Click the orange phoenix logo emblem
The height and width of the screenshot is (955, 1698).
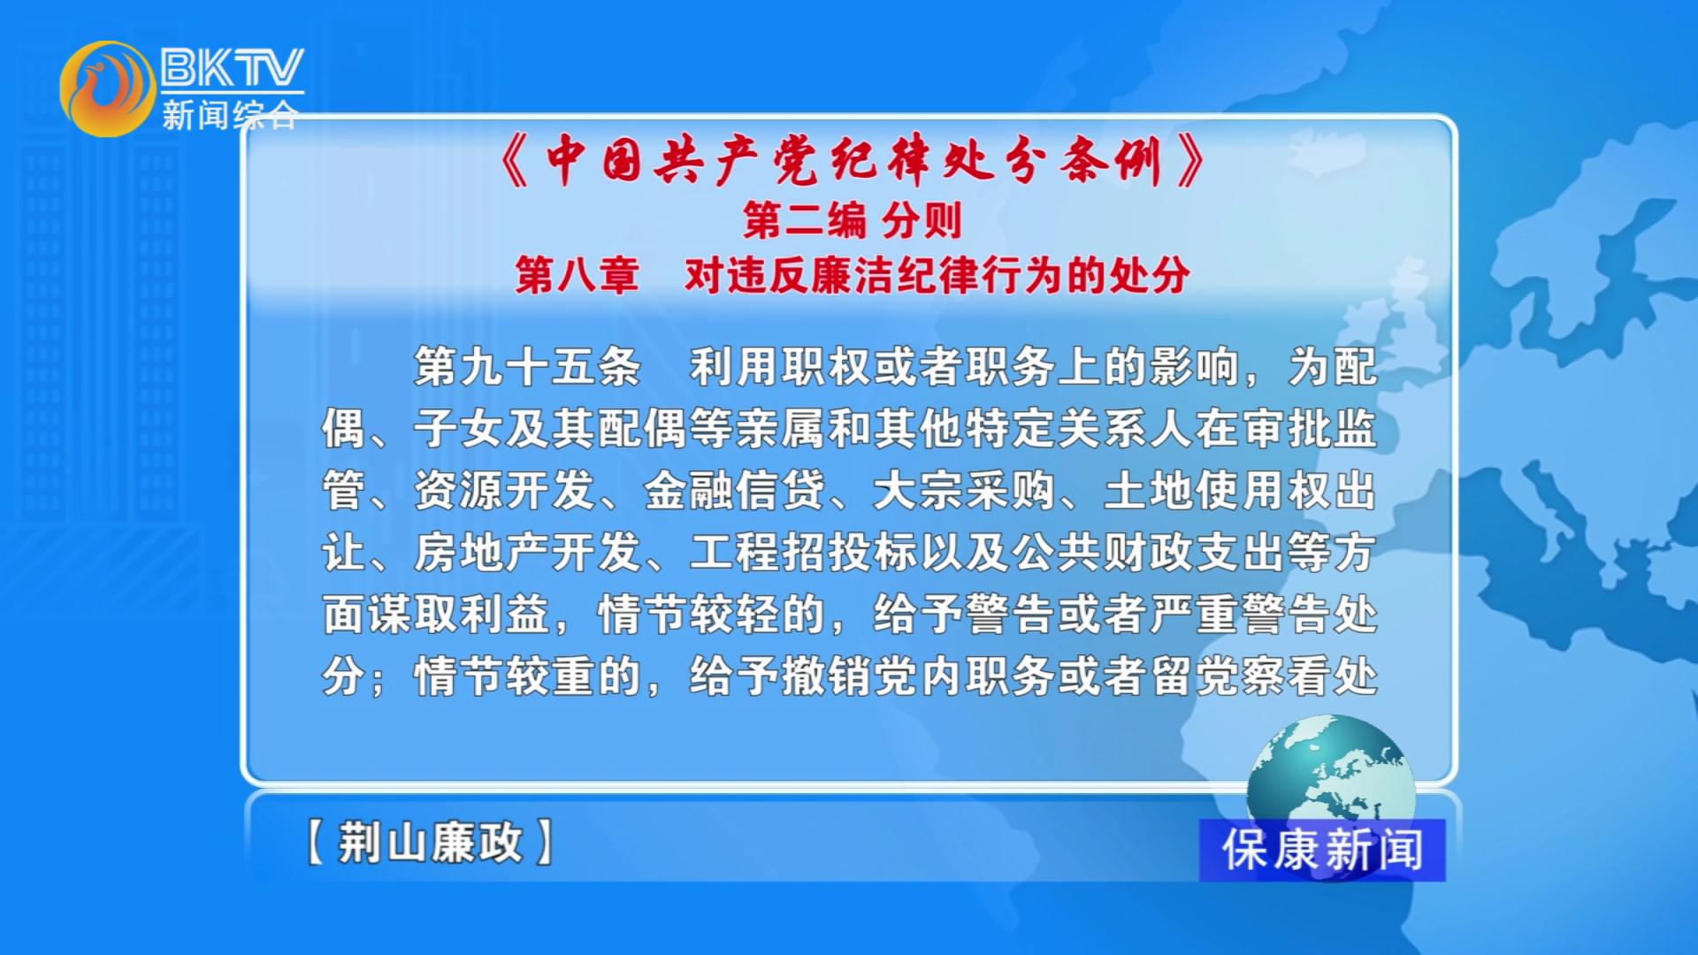click(x=107, y=88)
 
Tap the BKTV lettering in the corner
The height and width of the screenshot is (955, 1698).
click(x=233, y=67)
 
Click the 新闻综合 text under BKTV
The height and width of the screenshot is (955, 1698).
click(x=230, y=115)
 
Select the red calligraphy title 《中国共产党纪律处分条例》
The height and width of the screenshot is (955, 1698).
click(x=852, y=162)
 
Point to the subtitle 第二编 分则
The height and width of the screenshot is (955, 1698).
click(x=852, y=220)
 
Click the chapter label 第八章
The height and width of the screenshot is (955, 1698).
click(x=577, y=275)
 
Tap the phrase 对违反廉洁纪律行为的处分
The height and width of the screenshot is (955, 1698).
click(x=937, y=275)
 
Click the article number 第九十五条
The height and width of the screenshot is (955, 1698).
click(x=527, y=366)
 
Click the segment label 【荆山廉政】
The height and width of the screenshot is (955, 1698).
click(x=430, y=842)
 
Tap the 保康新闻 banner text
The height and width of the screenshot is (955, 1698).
click(x=1322, y=850)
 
